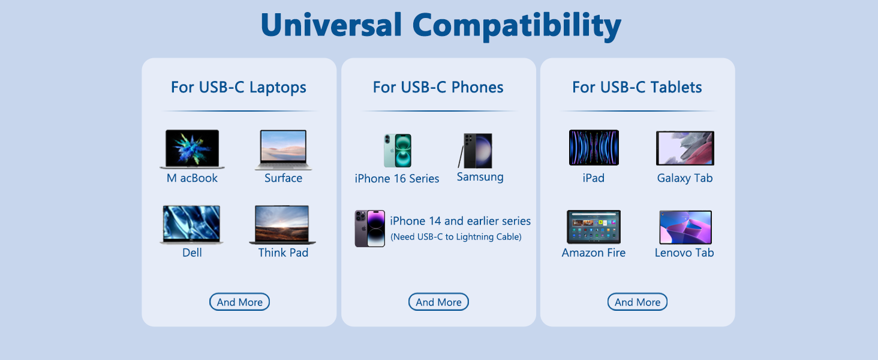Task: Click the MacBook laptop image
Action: (x=192, y=149)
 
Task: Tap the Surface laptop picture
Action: (x=284, y=150)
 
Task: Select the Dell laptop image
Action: (x=192, y=224)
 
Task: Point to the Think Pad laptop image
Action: (x=282, y=224)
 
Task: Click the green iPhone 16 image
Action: (x=398, y=151)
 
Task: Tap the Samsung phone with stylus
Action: (x=475, y=151)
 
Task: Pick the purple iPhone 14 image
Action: (x=369, y=228)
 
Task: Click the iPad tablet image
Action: (x=594, y=148)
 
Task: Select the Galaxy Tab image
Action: (x=685, y=148)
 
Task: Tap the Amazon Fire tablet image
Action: (x=594, y=227)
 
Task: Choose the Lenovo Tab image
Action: (x=685, y=227)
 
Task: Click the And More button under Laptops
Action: (x=239, y=302)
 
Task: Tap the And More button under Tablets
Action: (x=638, y=302)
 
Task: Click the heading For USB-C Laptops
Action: (x=239, y=88)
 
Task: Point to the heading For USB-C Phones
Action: (x=438, y=88)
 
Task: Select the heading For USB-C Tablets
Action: (x=637, y=88)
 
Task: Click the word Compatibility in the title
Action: (x=516, y=26)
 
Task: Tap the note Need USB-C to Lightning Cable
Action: (x=456, y=237)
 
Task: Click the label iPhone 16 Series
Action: (x=396, y=179)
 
